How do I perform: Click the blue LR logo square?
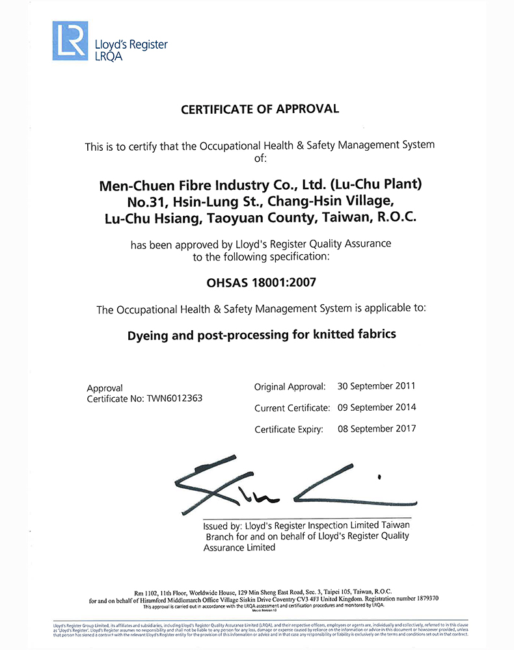click(70, 41)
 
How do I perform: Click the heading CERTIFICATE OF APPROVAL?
click(260, 109)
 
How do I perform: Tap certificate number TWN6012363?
click(174, 398)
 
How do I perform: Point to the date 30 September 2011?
click(377, 386)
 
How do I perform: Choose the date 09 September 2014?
click(377, 408)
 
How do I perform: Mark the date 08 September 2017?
click(377, 429)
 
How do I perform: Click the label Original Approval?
click(290, 387)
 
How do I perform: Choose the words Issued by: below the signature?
click(224, 525)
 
